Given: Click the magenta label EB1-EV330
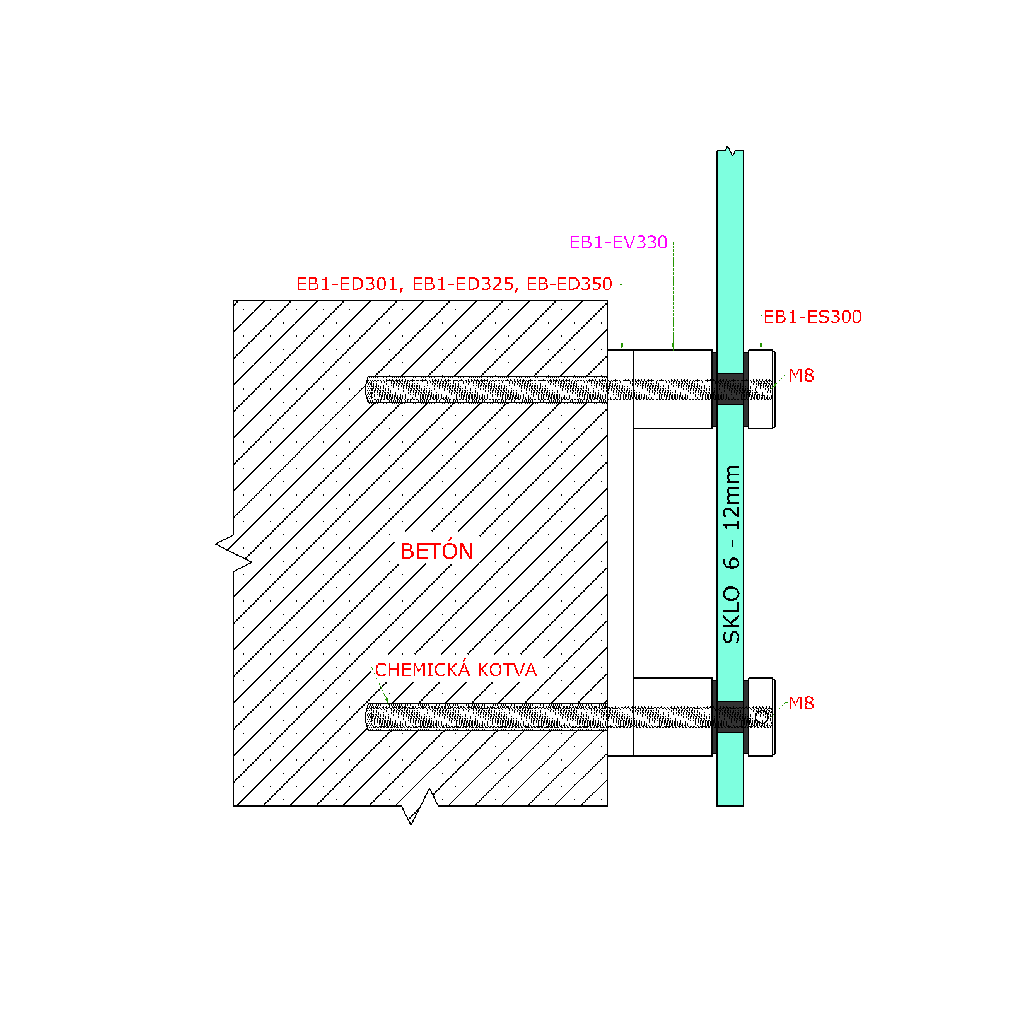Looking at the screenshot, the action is click(618, 242).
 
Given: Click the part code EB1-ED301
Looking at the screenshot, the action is click(347, 284).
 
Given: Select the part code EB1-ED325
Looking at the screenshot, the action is click(464, 284).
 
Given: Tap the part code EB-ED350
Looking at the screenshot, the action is click(569, 284).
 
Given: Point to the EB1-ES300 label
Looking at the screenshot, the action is click(813, 317).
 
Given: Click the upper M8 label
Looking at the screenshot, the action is click(802, 375).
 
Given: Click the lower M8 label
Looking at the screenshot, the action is click(802, 703).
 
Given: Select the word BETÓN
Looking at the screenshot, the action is click(436, 551).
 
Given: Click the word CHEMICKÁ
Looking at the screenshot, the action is click(423, 669).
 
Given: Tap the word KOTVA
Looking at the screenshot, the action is click(507, 670).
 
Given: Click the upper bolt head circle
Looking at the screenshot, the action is click(762, 389).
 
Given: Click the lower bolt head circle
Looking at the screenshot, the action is click(762, 717).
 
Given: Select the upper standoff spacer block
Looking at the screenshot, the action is click(672, 390).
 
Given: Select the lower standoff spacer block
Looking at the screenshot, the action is click(672, 717).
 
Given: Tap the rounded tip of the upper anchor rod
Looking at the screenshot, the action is click(368, 389).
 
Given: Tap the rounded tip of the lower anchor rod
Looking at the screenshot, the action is click(368, 717).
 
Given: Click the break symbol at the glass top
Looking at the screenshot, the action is click(730, 151).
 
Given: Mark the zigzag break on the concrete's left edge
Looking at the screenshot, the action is click(234, 544).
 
